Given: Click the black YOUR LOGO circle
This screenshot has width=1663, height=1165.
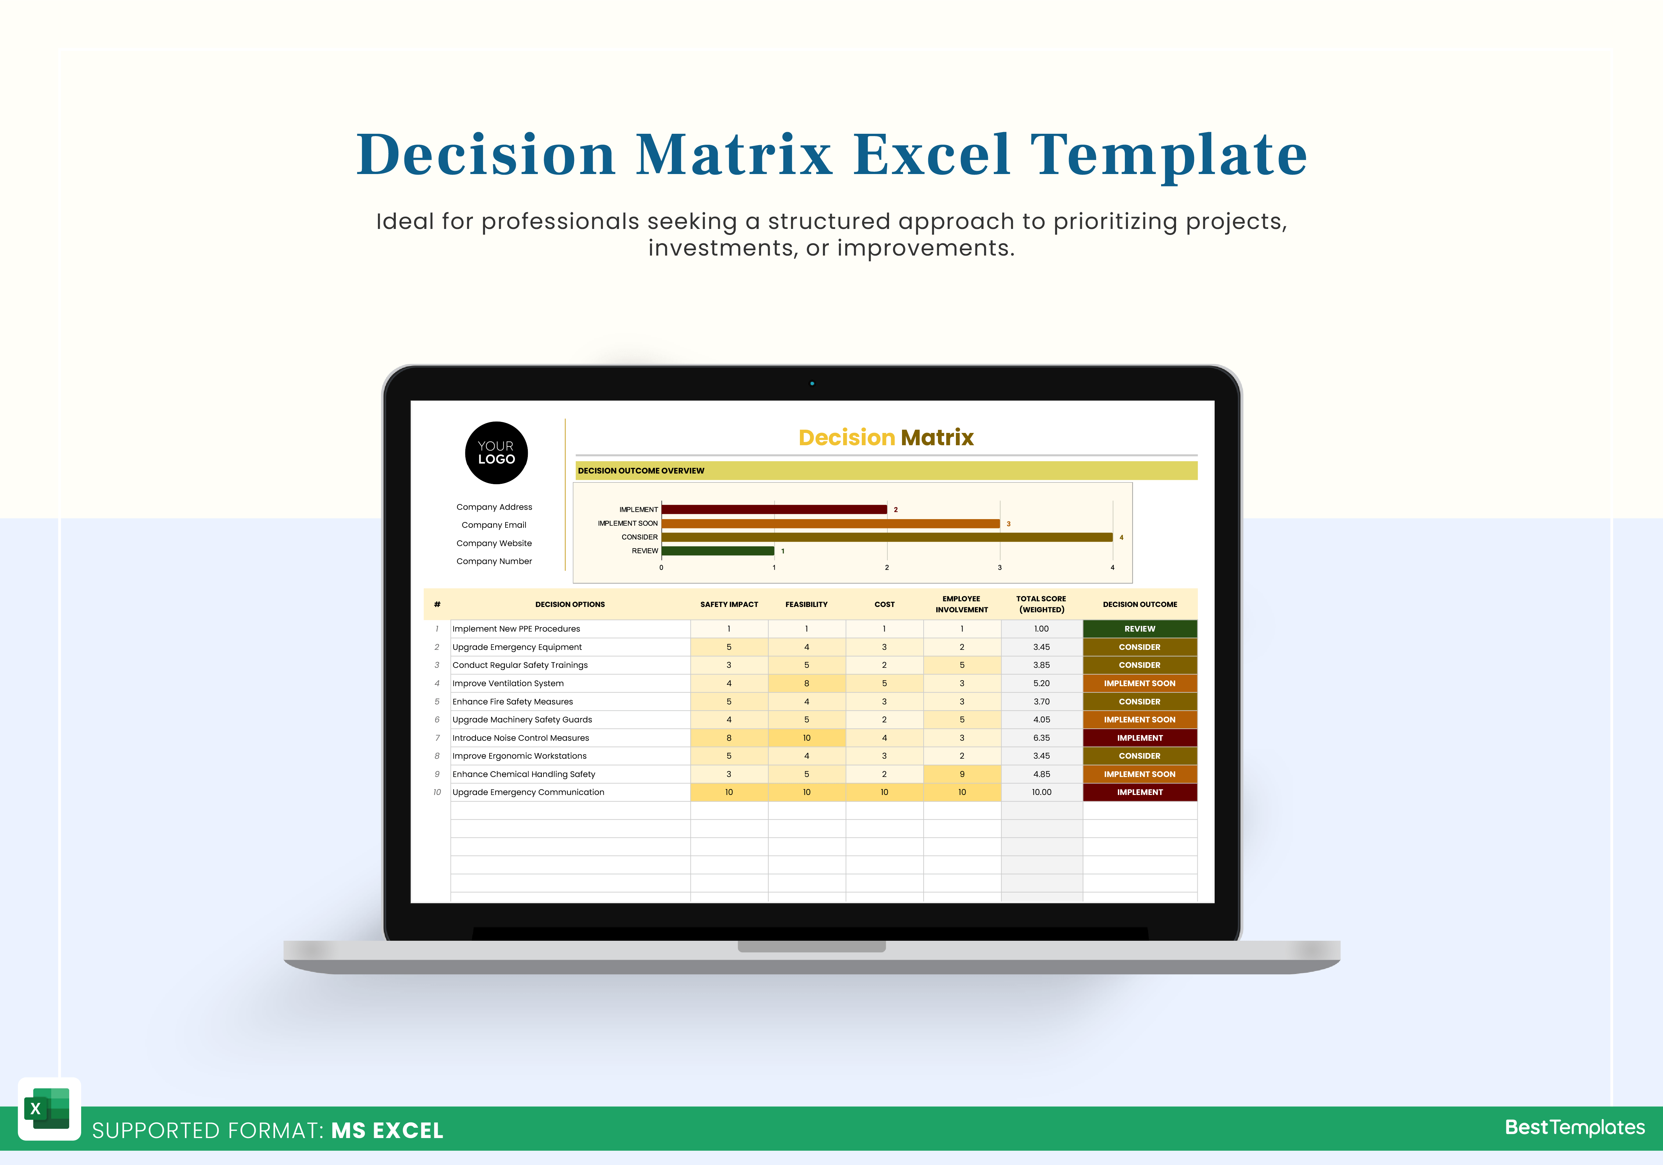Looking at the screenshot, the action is tap(496, 453).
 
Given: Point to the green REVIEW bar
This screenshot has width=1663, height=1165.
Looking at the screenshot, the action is tap(718, 551).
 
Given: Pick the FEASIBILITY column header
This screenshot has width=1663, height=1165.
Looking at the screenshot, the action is tap(806, 604).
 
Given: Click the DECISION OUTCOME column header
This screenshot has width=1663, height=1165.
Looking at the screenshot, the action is tap(1139, 604).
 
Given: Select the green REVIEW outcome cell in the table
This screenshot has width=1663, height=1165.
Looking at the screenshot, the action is tap(1139, 629).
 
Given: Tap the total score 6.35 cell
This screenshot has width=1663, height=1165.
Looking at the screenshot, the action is tap(1042, 737).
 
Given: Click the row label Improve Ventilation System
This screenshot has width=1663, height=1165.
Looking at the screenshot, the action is tap(508, 683).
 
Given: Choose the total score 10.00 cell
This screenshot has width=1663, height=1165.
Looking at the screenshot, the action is tap(1042, 792).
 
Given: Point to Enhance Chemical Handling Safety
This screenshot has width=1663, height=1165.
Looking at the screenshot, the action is tap(524, 774).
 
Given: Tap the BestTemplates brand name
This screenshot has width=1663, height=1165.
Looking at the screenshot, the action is tap(1575, 1127).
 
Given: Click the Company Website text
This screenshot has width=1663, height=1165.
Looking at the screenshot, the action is tap(494, 543).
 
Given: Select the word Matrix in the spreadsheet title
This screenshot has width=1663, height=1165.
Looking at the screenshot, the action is tap(937, 438).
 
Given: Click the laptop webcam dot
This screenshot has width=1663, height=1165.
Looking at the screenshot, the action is tap(812, 383).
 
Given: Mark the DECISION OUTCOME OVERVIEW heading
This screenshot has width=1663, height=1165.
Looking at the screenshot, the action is tap(641, 471).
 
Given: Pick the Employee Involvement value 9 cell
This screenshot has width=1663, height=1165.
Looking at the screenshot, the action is tap(962, 774).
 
